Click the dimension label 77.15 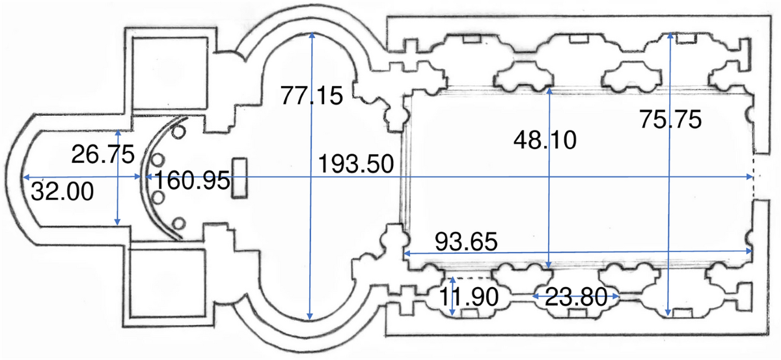click(x=312, y=96)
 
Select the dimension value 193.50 click(x=356, y=163)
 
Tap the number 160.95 click(x=192, y=180)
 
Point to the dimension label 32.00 click(x=62, y=191)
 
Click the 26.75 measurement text click(x=103, y=154)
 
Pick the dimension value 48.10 click(x=545, y=140)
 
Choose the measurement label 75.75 click(x=670, y=119)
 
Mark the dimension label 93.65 click(x=466, y=242)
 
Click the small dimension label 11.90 click(x=469, y=297)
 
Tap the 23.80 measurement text click(x=576, y=297)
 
